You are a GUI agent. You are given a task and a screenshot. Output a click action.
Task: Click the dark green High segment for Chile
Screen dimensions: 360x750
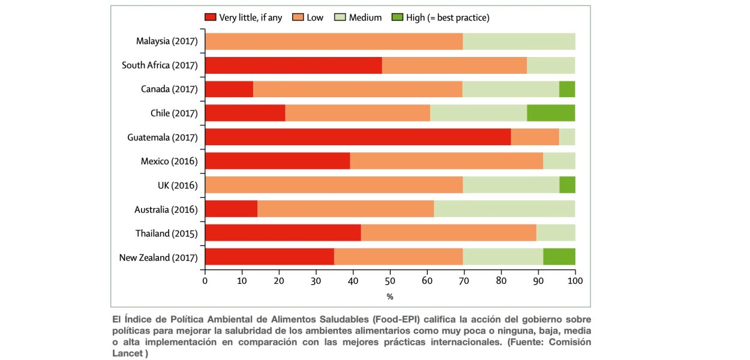click(x=551, y=113)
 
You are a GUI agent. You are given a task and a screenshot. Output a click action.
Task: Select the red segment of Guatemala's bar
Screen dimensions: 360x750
click(x=358, y=137)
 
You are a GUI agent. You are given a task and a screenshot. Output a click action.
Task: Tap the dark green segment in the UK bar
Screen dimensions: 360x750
click(x=567, y=185)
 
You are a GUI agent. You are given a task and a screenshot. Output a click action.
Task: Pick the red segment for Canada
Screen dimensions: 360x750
click(x=229, y=89)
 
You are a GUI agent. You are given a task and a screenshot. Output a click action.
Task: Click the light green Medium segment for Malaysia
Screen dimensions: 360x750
click(x=518, y=41)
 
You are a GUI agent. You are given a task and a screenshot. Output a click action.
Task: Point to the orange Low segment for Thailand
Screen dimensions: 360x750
click(x=448, y=233)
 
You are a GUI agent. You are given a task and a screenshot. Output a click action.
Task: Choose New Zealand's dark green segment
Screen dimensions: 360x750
click(x=559, y=257)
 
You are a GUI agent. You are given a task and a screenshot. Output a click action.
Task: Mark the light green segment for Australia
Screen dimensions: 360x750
click(x=504, y=209)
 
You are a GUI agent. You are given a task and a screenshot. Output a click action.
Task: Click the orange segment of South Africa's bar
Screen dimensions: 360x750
click(x=454, y=65)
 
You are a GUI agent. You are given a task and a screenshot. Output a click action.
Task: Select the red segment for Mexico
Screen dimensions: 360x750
click(x=277, y=161)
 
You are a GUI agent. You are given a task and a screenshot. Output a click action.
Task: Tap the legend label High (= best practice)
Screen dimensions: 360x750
click(x=448, y=17)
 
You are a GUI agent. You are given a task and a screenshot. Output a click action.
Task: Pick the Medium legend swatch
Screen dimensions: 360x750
click(x=341, y=17)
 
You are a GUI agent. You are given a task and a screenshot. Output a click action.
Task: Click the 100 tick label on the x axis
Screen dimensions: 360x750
click(x=575, y=280)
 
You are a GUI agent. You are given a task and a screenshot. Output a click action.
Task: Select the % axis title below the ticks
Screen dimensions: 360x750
click(x=390, y=296)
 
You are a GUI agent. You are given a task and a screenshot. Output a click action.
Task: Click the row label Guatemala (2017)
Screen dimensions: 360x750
click(x=163, y=137)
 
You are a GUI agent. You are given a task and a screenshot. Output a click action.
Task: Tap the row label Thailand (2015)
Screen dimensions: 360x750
click(x=167, y=233)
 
